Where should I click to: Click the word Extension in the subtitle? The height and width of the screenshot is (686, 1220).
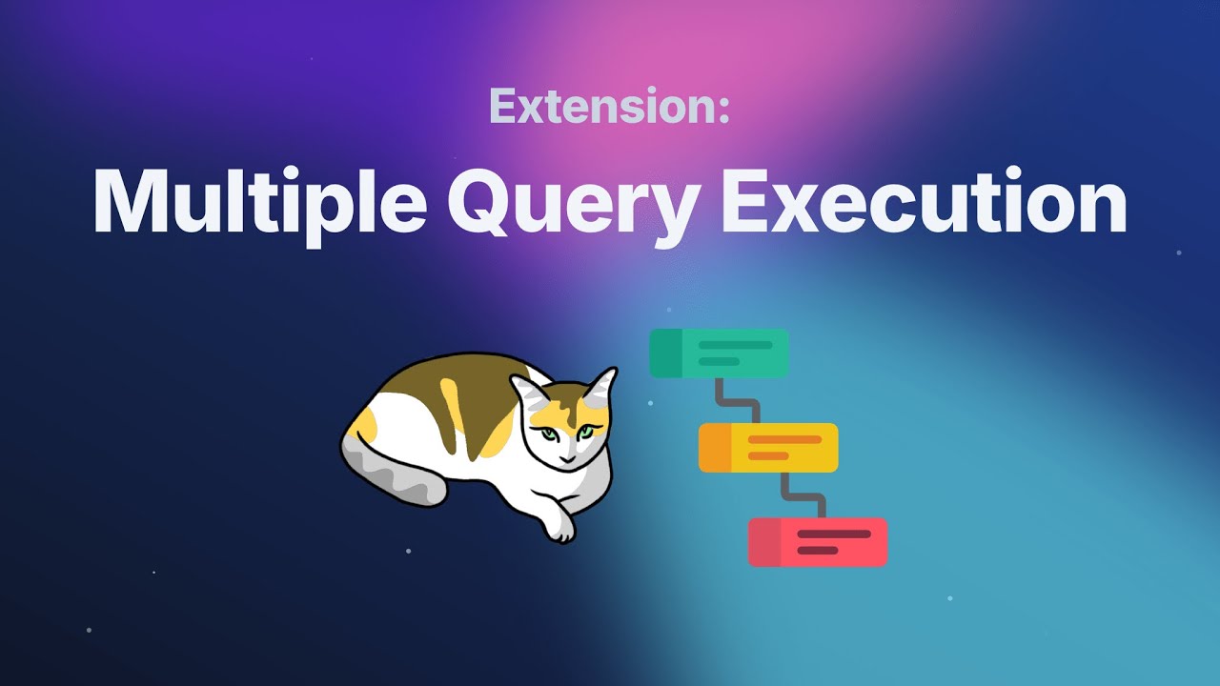[x=602, y=106]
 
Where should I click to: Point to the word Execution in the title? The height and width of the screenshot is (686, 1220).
[x=924, y=201]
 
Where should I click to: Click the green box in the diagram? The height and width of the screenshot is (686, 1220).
[x=719, y=353]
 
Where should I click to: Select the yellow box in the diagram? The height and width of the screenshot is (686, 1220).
[x=768, y=448]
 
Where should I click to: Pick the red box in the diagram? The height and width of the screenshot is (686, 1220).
[x=818, y=542]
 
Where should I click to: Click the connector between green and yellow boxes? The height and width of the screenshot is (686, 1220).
[x=738, y=401]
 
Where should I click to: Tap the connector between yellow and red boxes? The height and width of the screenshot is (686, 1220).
[x=803, y=496]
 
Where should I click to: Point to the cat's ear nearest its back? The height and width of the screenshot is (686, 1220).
[x=525, y=391]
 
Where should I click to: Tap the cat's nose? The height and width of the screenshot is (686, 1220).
[x=567, y=460]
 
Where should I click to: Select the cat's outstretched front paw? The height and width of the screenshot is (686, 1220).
[x=558, y=524]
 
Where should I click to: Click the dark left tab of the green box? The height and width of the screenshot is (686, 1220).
[x=665, y=353]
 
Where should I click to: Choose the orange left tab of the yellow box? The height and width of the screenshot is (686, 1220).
[x=715, y=448]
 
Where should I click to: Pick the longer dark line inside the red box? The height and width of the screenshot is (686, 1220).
[x=834, y=535]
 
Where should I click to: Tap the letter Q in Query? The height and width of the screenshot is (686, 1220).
[x=479, y=201]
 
